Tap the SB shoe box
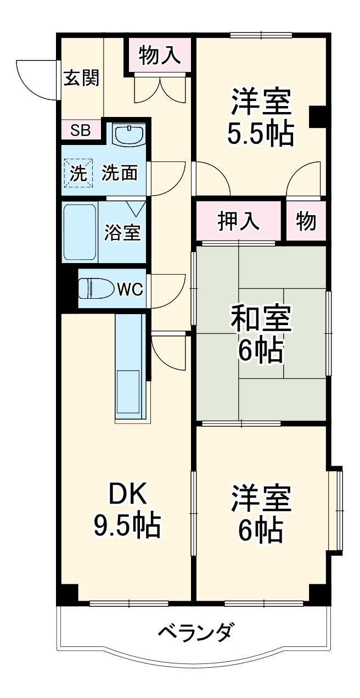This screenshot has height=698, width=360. tap(81, 131)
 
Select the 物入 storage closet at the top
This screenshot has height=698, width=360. tap(160, 55)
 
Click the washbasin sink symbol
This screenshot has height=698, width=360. tap(129, 133)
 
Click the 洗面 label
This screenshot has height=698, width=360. tap(119, 173)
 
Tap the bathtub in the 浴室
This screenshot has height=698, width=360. tap(80, 231)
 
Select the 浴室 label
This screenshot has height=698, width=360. tap(122, 232)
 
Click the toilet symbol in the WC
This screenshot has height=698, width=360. tap(94, 288)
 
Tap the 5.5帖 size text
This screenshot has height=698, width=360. tap(260, 132)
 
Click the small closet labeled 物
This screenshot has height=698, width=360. tap(306, 220)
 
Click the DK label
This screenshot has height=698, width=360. tap(127, 496)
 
